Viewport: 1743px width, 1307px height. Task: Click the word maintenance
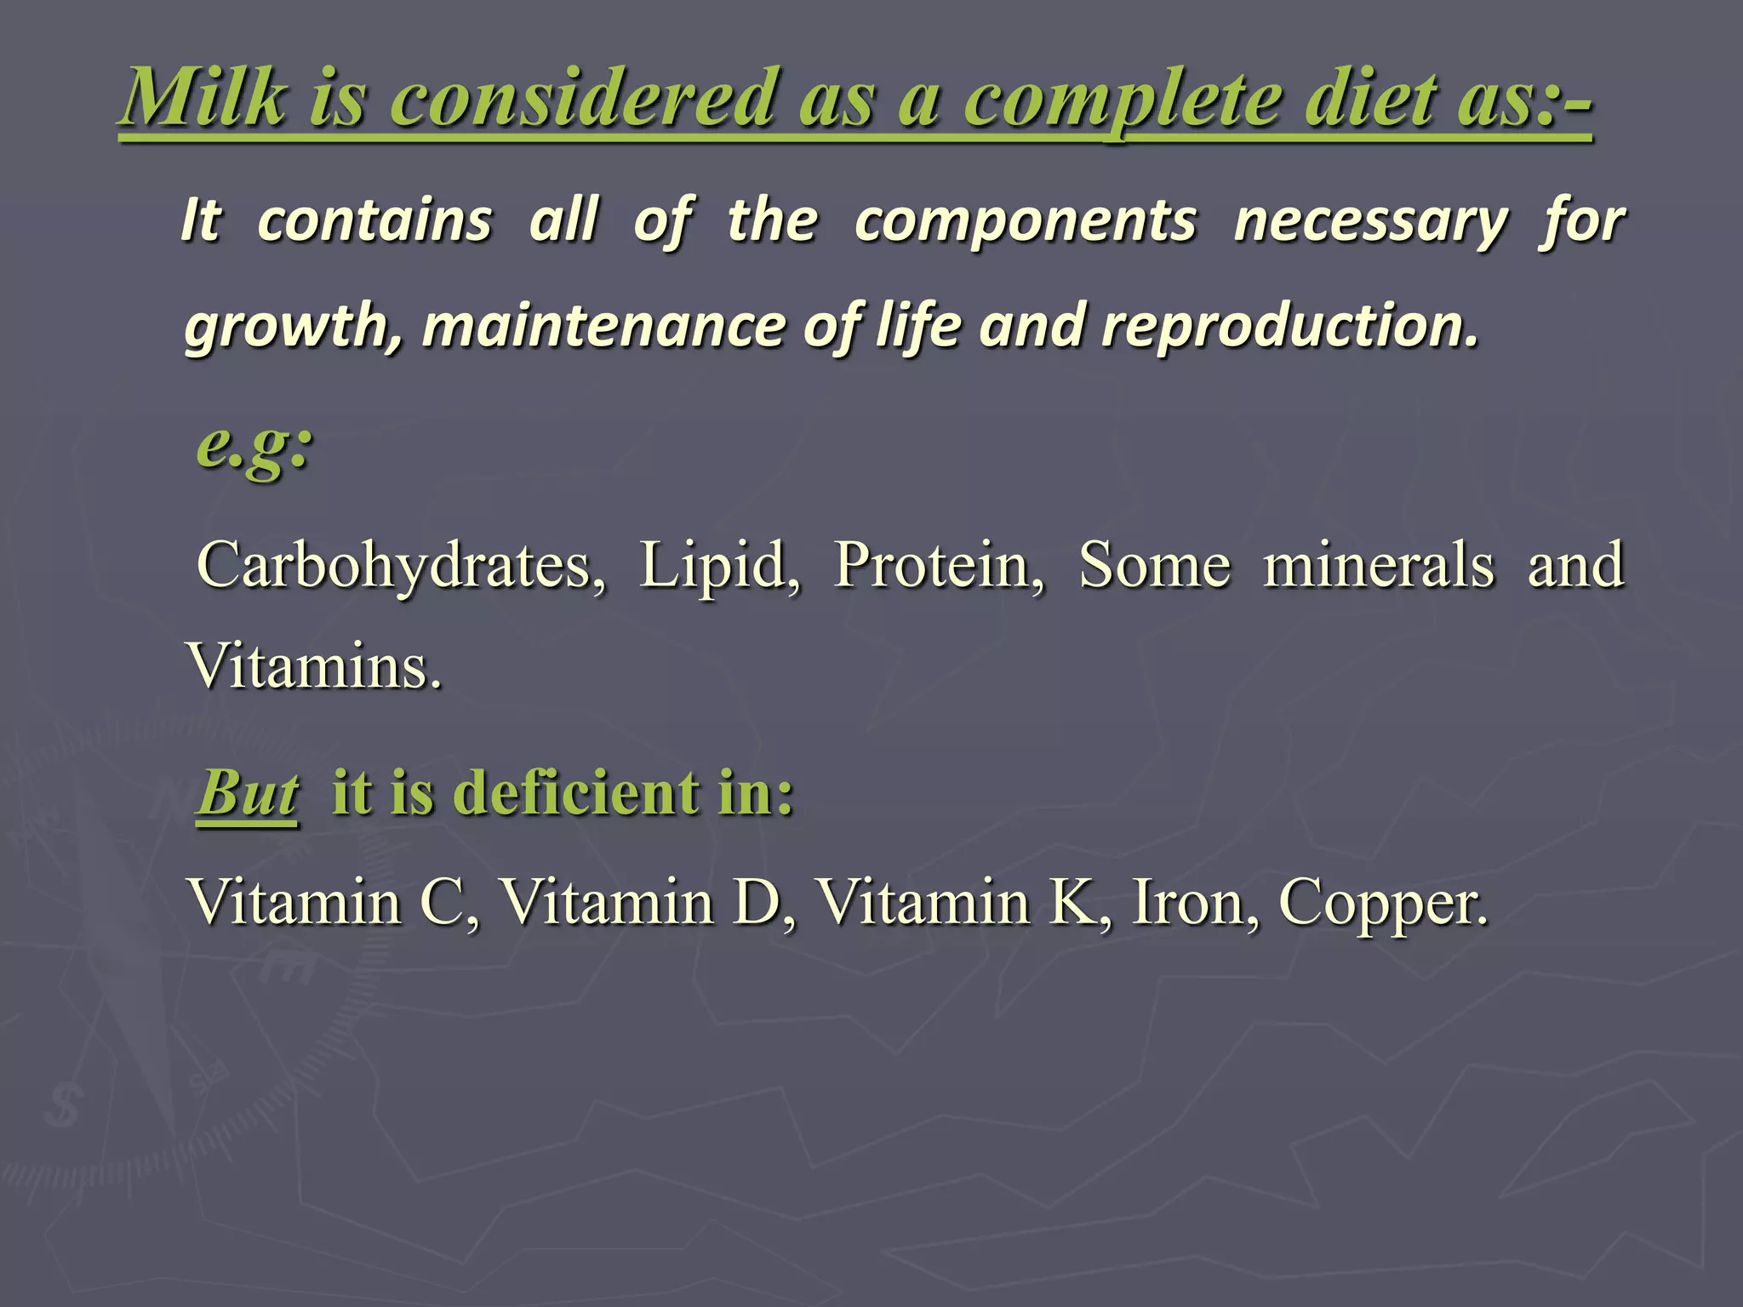tap(603, 328)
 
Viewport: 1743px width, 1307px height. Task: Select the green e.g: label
tap(254, 447)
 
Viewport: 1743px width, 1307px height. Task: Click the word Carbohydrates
tap(400, 566)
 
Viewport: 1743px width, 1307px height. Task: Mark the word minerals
tap(1378, 566)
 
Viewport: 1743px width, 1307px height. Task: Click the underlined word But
tap(248, 793)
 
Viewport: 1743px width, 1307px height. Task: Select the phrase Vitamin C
tap(332, 902)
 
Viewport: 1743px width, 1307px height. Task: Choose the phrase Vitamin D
tap(647, 902)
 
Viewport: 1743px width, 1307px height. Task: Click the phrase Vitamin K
tap(962, 902)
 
